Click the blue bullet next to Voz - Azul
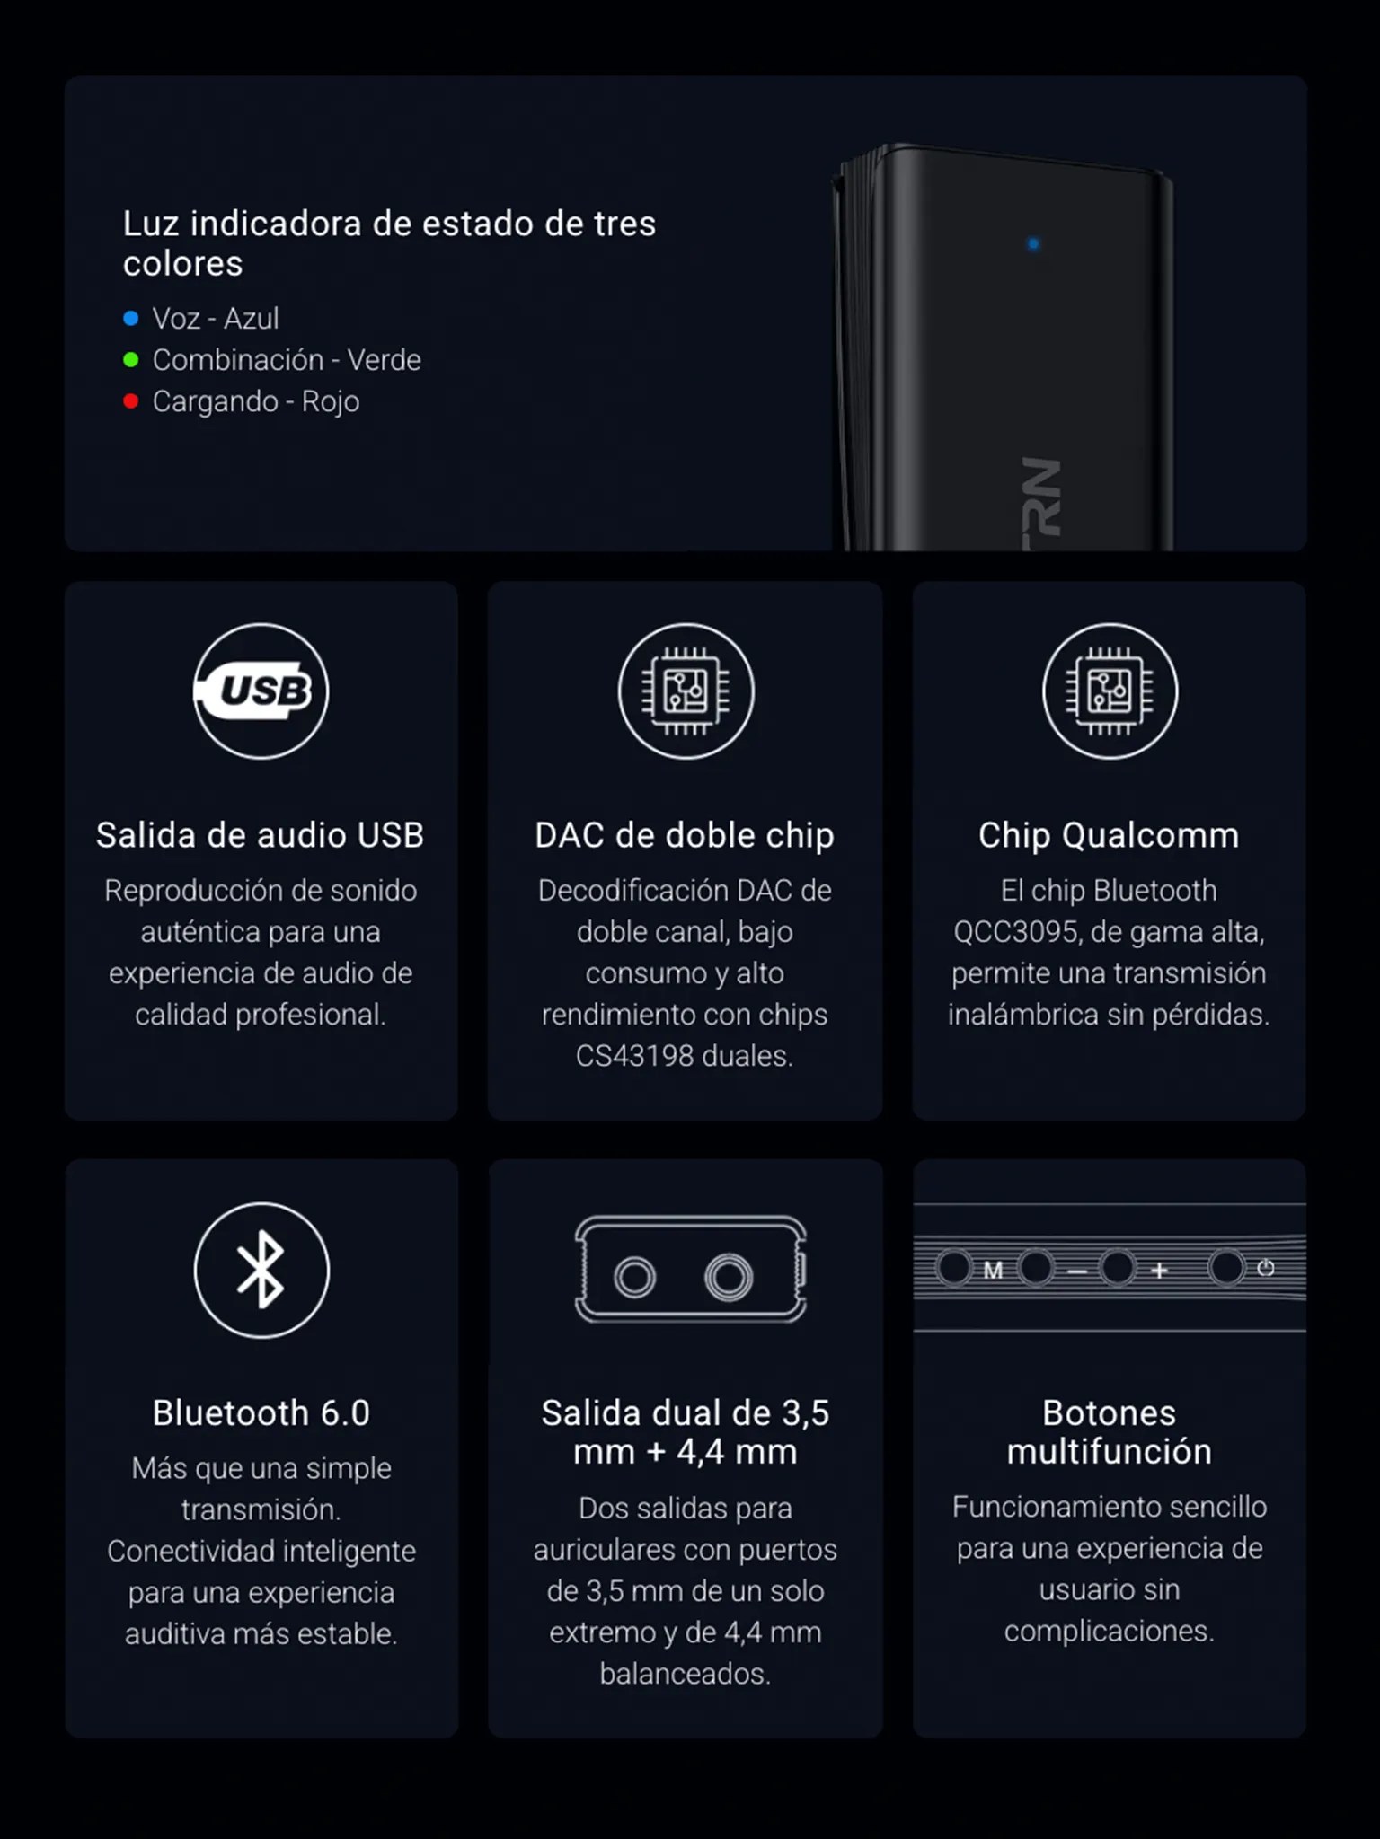coord(131,318)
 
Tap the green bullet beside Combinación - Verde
coord(131,360)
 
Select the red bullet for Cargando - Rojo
coord(131,401)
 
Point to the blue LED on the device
coord(1033,243)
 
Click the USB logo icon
coord(261,691)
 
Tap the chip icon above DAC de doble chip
coord(686,691)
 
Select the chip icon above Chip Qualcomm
coord(1110,691)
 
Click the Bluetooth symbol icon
coord(261,1270)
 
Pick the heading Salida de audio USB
coord(261,835)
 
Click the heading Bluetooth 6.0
coord(261,1412)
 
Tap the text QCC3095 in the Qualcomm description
coord(1015,932)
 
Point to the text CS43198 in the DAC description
coord(634,1056)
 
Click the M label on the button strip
coord(993,1270)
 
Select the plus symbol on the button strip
coord(1159,1270)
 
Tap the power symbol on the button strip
coord(1266,1268)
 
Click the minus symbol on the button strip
coord(1077,1271)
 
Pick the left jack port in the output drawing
coord(635,1277)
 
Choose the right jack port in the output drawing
coord(728,1277)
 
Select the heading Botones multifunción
coord(1110,1432)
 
